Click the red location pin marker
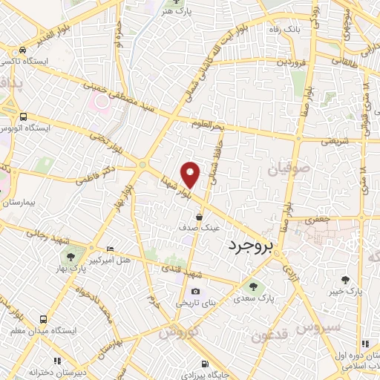(x=191, y=174)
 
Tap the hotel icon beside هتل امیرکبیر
(x=111, y=249)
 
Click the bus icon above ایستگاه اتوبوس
(x=24, y=117)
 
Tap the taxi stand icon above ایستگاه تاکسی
(x=24, y=50)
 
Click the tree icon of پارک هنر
(x=171, y=13)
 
